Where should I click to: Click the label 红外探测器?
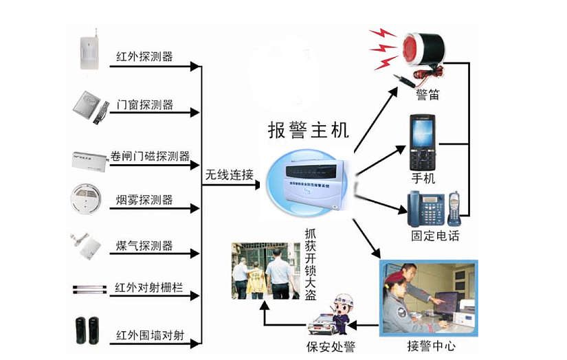click(x=144, y=57)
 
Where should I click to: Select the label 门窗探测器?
click(x=144, y=105)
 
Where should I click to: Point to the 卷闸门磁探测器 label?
click(x=150, y=156)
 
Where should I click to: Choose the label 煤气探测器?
click(x=144, y=246)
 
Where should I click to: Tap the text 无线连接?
click(x=229, y=175)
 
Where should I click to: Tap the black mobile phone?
click(x=423, y=142)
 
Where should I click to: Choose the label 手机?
click(x=423, y=179)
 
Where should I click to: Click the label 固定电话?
click(x=434, y=236)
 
